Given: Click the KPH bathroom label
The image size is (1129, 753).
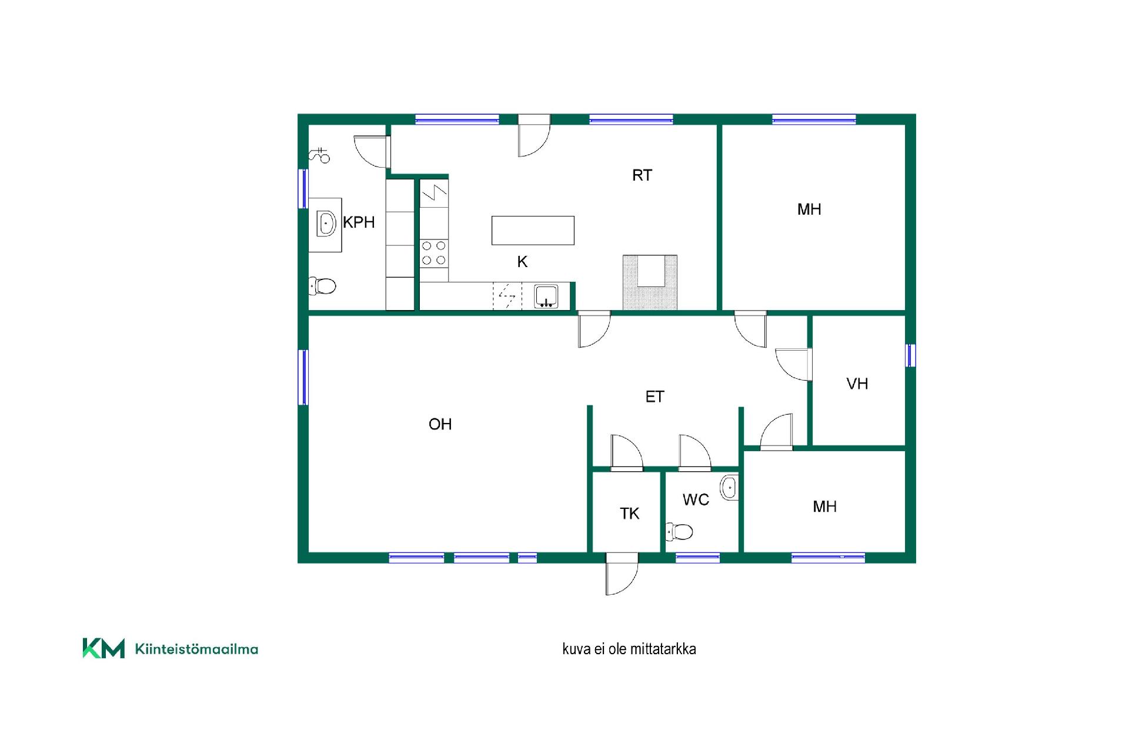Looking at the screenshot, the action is point(359,222).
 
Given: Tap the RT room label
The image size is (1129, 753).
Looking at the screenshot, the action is point(642,175).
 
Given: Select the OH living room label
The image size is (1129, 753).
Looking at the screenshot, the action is point(440,424).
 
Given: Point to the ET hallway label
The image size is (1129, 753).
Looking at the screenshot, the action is point(654,397).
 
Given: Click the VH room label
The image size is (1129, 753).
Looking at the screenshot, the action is point(857,384).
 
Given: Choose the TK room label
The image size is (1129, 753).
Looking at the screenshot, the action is point(629,514).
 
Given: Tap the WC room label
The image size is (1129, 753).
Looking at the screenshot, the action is point(696,500).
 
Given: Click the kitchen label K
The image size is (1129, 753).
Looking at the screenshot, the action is point(522,262).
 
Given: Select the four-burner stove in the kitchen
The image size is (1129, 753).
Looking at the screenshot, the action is point(434,253).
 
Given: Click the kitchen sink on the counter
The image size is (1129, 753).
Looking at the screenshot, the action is point(546,296).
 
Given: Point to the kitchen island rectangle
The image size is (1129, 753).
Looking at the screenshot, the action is point(533,230).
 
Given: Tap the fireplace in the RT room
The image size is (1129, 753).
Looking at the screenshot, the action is point(650,282).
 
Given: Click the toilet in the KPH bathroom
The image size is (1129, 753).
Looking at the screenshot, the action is point(322,286).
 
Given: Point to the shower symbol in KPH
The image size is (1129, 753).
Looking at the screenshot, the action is point(320,155).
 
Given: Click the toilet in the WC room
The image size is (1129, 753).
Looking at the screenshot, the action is point(679,532).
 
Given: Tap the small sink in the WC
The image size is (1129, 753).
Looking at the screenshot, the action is point(730,487).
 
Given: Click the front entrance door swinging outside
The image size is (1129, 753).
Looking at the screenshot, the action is point(622,573).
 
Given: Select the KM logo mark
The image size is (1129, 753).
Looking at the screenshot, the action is point(103,648).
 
